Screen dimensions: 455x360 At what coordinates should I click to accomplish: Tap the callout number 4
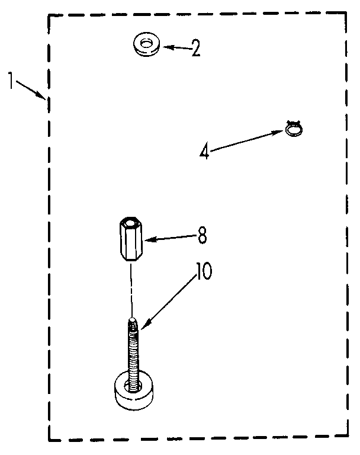204,152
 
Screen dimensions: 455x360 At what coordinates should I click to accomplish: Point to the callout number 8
202,236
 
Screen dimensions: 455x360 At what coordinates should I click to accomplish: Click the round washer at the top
146,45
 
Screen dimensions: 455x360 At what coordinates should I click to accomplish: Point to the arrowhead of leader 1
42,96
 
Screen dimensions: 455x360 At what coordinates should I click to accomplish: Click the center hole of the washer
146,42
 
